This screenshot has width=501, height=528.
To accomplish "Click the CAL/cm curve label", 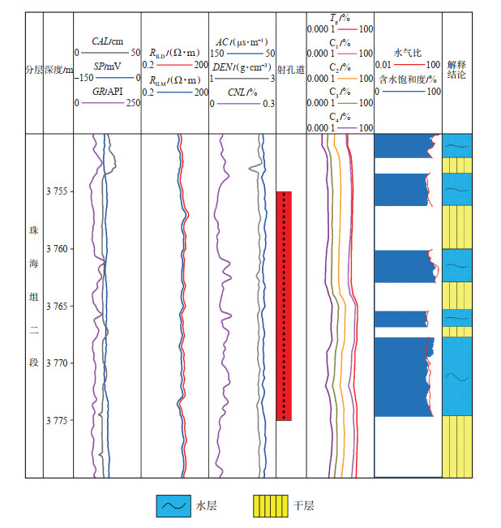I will [x=107, y=41].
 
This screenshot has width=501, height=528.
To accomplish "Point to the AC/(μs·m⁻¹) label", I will [x=242, y=41].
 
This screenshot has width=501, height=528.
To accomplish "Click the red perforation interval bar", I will [x=284, y=306].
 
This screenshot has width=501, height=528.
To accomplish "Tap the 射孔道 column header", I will [x=291, y=70].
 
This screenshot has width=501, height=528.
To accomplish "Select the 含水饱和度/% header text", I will [x=408, y=79].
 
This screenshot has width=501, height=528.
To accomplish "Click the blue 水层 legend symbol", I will [x=173, y=505].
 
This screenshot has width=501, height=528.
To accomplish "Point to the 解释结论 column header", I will [x=456, y=71].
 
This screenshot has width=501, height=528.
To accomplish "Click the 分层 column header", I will [x=33, y=71].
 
